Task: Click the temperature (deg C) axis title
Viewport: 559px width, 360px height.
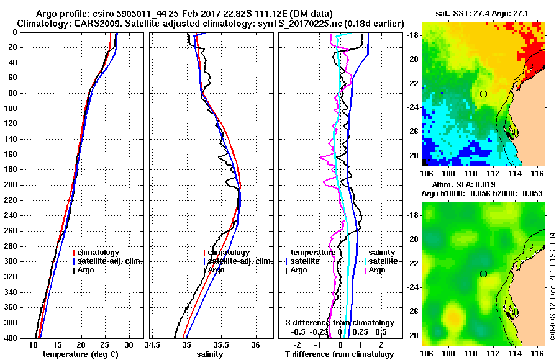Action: [81, 354]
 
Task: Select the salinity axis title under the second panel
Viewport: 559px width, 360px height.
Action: [211, 354]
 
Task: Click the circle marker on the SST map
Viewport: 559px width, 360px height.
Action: [483, 94]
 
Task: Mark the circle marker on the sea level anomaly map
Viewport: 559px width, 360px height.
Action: [483, 274]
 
